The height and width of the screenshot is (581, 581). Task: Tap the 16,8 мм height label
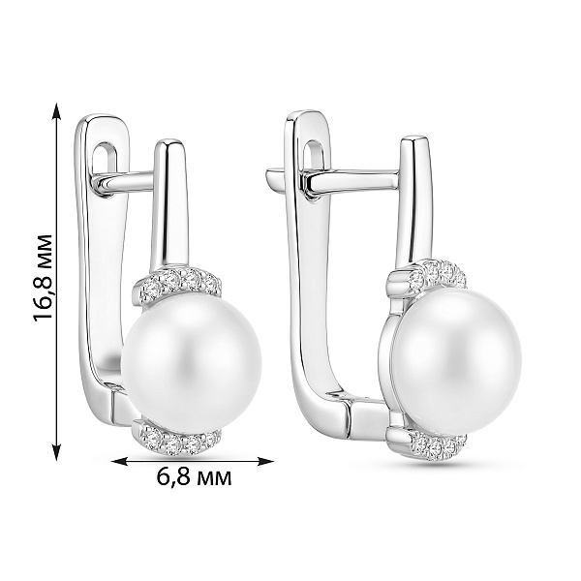click(x=44, y=277)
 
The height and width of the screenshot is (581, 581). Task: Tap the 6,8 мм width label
click(x=194, y=476)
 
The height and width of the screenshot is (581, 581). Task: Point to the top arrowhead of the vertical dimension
click(x=56, y=110)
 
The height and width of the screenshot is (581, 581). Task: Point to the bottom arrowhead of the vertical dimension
click(x=56, y=453)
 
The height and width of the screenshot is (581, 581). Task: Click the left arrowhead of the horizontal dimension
click(x=119, y=461)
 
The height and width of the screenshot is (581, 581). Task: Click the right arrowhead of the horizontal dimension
click(x=265, y=461)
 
